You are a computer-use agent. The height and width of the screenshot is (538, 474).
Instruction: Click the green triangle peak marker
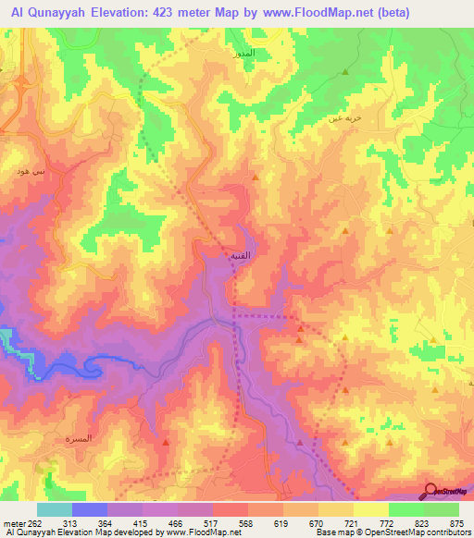click(345, 71)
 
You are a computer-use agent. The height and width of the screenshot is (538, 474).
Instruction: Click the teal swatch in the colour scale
click(54, 509)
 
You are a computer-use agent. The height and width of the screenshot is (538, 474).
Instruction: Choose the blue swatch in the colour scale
click(89, 509)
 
